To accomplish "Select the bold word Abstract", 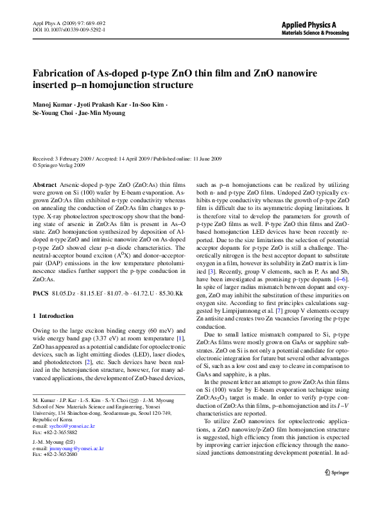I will pos(44,184).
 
